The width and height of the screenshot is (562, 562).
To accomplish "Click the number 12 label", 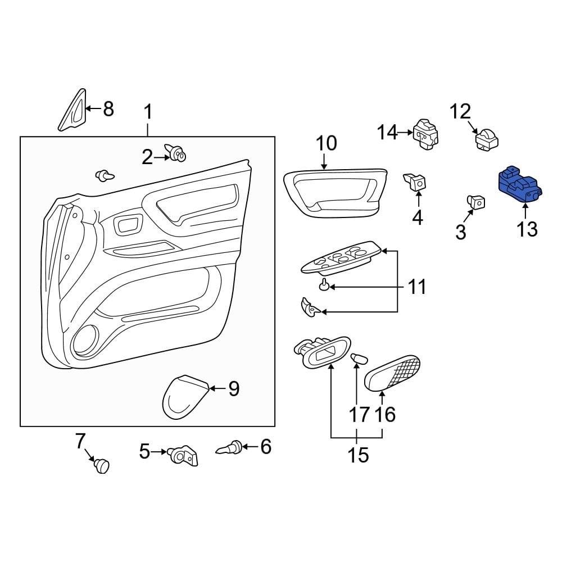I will tap(460, 111).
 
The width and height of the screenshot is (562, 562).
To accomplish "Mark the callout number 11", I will tap(417, 287).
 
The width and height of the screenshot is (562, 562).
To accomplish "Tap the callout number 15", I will tap(358, 454).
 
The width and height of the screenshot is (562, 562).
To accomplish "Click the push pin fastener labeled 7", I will tap(101, 465).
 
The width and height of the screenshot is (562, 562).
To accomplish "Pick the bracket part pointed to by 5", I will tap(184, 455).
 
